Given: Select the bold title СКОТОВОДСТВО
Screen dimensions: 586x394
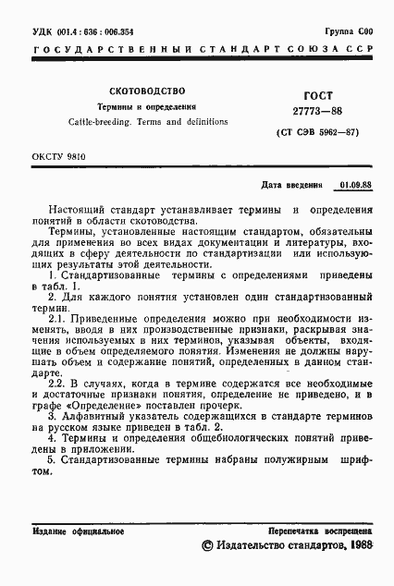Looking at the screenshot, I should [147, 92].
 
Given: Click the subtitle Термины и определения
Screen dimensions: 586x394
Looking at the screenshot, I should [148, 107].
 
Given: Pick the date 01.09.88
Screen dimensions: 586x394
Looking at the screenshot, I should [356, 185].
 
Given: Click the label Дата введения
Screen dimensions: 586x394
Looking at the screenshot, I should [293, 185].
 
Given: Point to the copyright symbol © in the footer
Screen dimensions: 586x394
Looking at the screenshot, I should [207, 548].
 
